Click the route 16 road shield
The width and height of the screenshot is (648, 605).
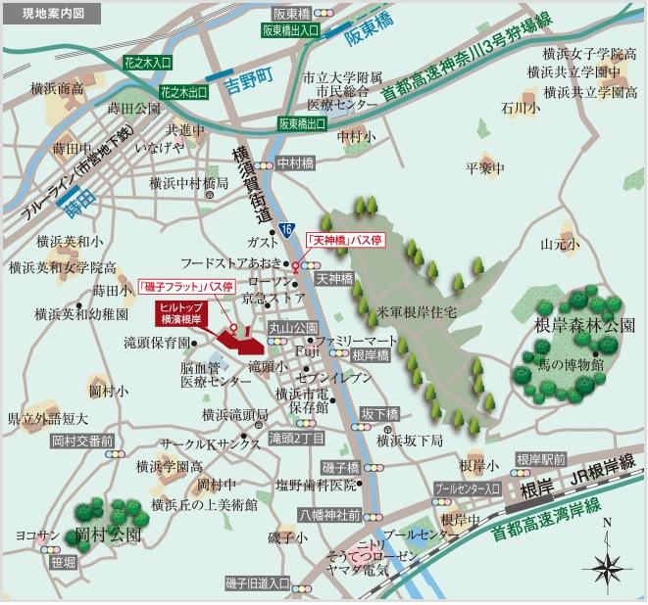point(285,228)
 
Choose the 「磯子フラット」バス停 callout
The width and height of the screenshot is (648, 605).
point(186,287)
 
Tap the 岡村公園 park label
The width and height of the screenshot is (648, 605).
point(108,535)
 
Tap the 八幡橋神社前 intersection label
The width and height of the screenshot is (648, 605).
point(328,514)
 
